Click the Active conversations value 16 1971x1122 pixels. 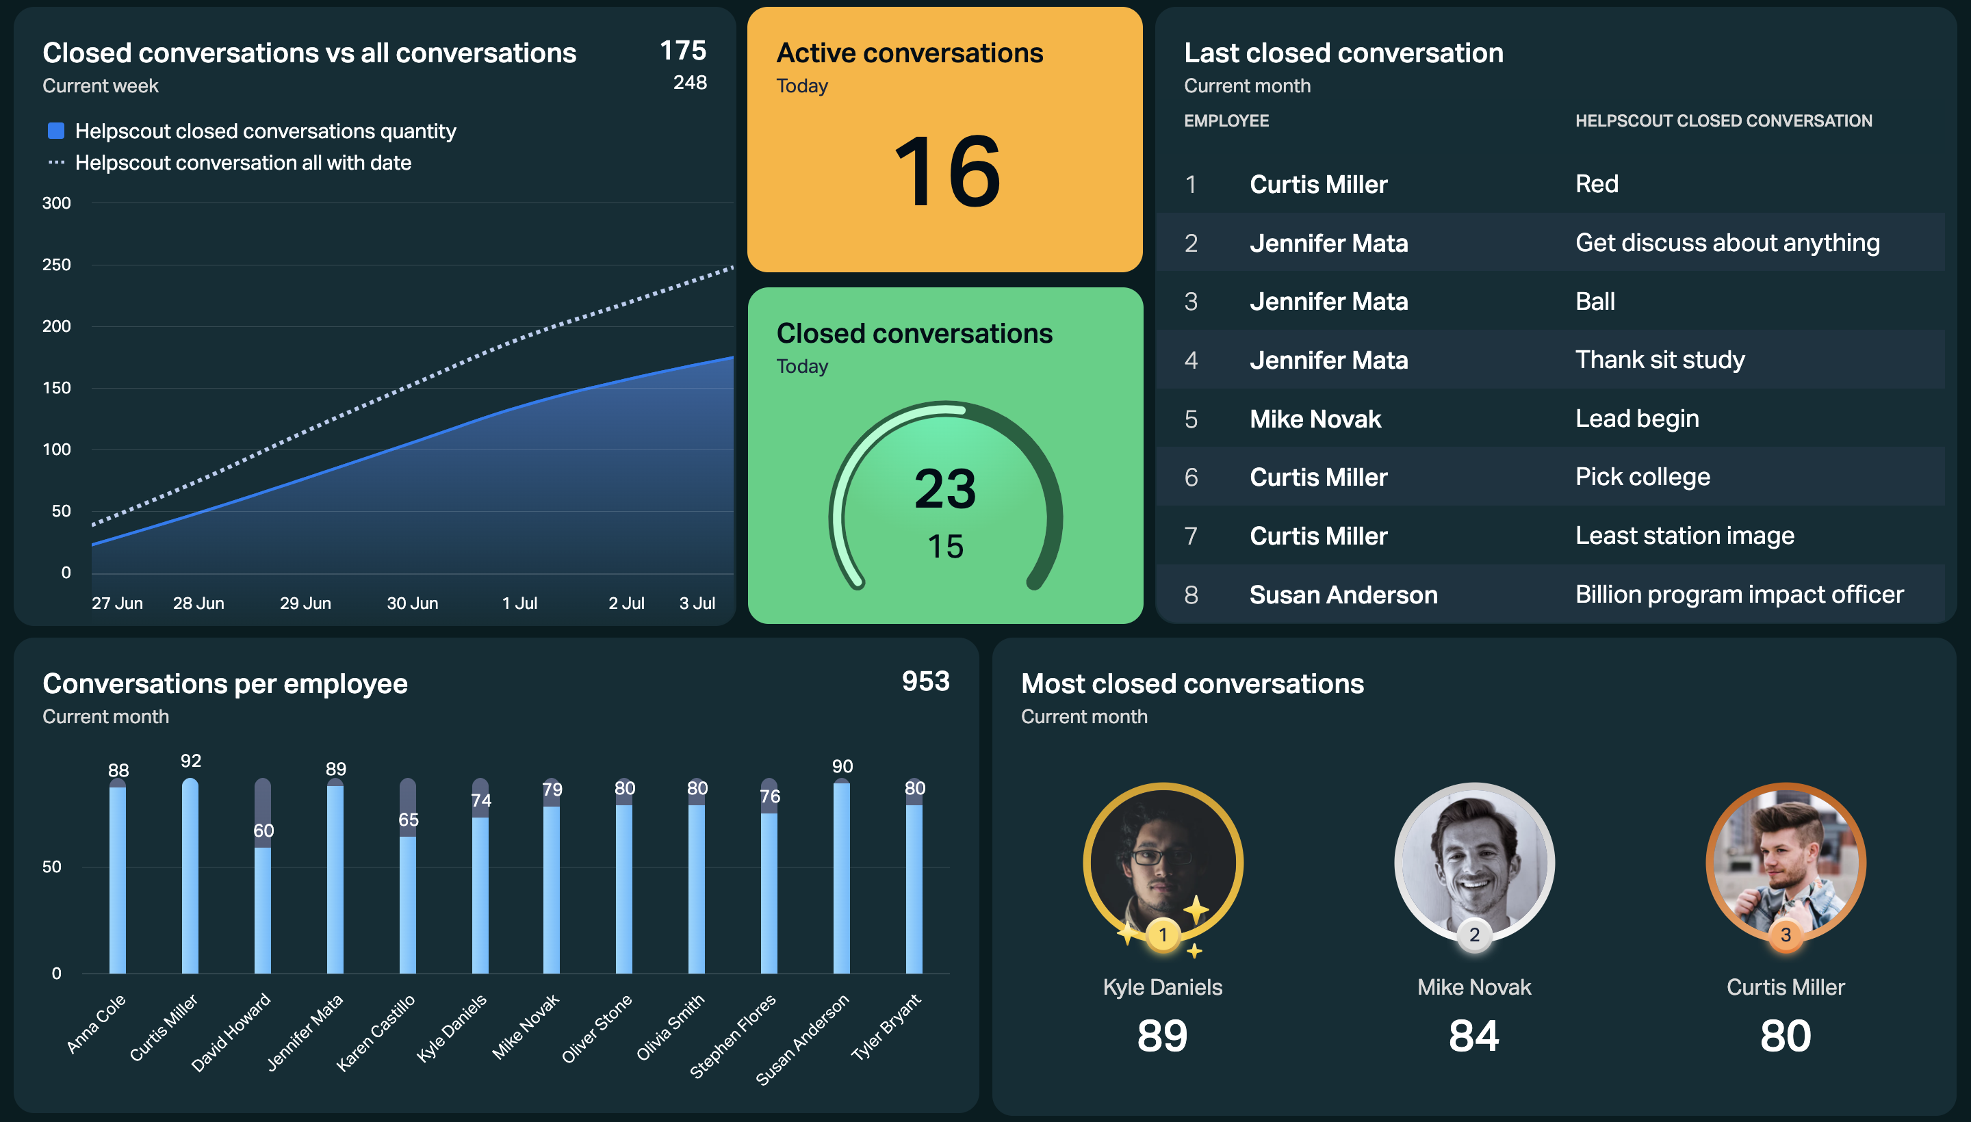[x=946, y=171]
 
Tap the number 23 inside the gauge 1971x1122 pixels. [x=945, y=488]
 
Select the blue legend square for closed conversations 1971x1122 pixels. [x=56, y=131]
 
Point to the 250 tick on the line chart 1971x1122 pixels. [x=56, y=264]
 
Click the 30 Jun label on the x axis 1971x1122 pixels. [x=413, y=603]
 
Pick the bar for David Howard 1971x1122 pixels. [x=263, y=876]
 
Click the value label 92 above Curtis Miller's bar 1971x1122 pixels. [x=190, y=761]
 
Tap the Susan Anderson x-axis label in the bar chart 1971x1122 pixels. [x=801, y=1039]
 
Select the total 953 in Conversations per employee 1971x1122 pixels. [x=926, y=681]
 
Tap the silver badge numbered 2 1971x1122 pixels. [x=1474, y=935]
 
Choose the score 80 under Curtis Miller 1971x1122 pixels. [x=1786, y=1036]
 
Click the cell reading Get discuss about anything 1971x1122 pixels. [x=1727, y=243]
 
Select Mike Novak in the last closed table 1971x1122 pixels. [x=1315, y=419]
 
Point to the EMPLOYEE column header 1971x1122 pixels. [x=1226, y=121]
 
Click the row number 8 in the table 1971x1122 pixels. [x=1191, y=595]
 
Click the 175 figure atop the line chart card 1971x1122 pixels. [x=683, y=50]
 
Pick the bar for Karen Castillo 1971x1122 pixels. [x=408, y=876]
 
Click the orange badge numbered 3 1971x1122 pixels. [x=1786, y=935]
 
